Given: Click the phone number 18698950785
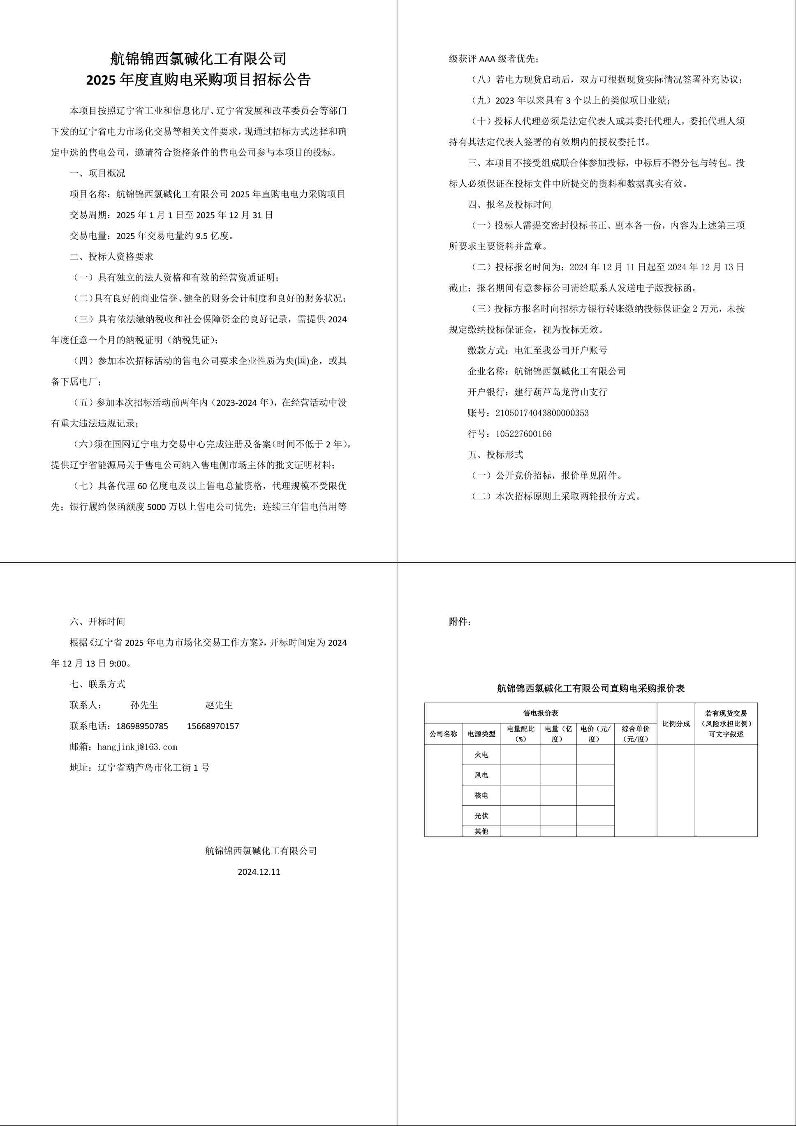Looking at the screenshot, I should click(x=142, y=726).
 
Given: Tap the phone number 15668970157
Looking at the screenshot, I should click(x=213, y=726).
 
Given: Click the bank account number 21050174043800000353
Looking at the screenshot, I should click(x=542, y=413).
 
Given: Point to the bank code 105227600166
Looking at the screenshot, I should click(x=523, y=434).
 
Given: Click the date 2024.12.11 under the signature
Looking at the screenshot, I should click(x=259, y=872).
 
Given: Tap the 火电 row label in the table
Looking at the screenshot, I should click(x=481, y=755).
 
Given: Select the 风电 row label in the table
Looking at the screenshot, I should click(x=481, y=775).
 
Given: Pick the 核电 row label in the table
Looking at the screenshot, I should click(x=481, y=795).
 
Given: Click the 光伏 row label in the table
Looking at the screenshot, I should click(x=481, y=816).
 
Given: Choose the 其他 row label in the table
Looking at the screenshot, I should click(x=481, y=831).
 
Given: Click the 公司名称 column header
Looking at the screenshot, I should click(x=443, y=734).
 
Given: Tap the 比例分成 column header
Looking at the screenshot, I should click(x=676, y=724).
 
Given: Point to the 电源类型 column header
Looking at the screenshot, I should click(x=481, y=734).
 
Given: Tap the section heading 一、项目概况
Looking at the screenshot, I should click(x=97, y=173).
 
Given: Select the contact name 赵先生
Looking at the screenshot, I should click(x=219, y=705).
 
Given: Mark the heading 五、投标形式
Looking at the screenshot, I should click(x=495, y=455).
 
